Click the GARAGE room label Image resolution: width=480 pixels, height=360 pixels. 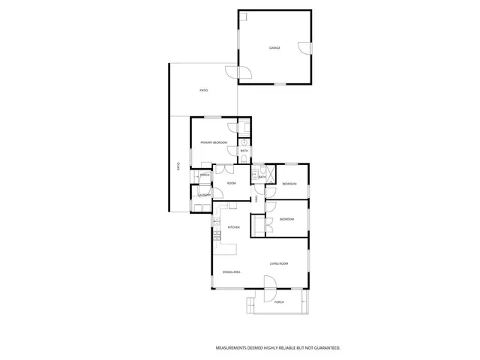275,48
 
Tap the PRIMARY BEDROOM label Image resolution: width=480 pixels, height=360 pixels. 214,142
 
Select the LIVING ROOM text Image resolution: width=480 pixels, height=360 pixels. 280,263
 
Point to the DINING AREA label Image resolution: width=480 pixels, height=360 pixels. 230,271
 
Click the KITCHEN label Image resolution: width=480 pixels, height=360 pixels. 233,227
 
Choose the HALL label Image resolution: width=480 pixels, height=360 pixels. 256,199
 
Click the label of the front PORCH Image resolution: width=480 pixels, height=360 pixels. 279,302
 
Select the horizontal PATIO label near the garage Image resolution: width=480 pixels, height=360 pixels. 203,91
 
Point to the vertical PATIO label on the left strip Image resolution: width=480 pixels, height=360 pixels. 178,166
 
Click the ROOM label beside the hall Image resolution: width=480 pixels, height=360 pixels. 232,183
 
